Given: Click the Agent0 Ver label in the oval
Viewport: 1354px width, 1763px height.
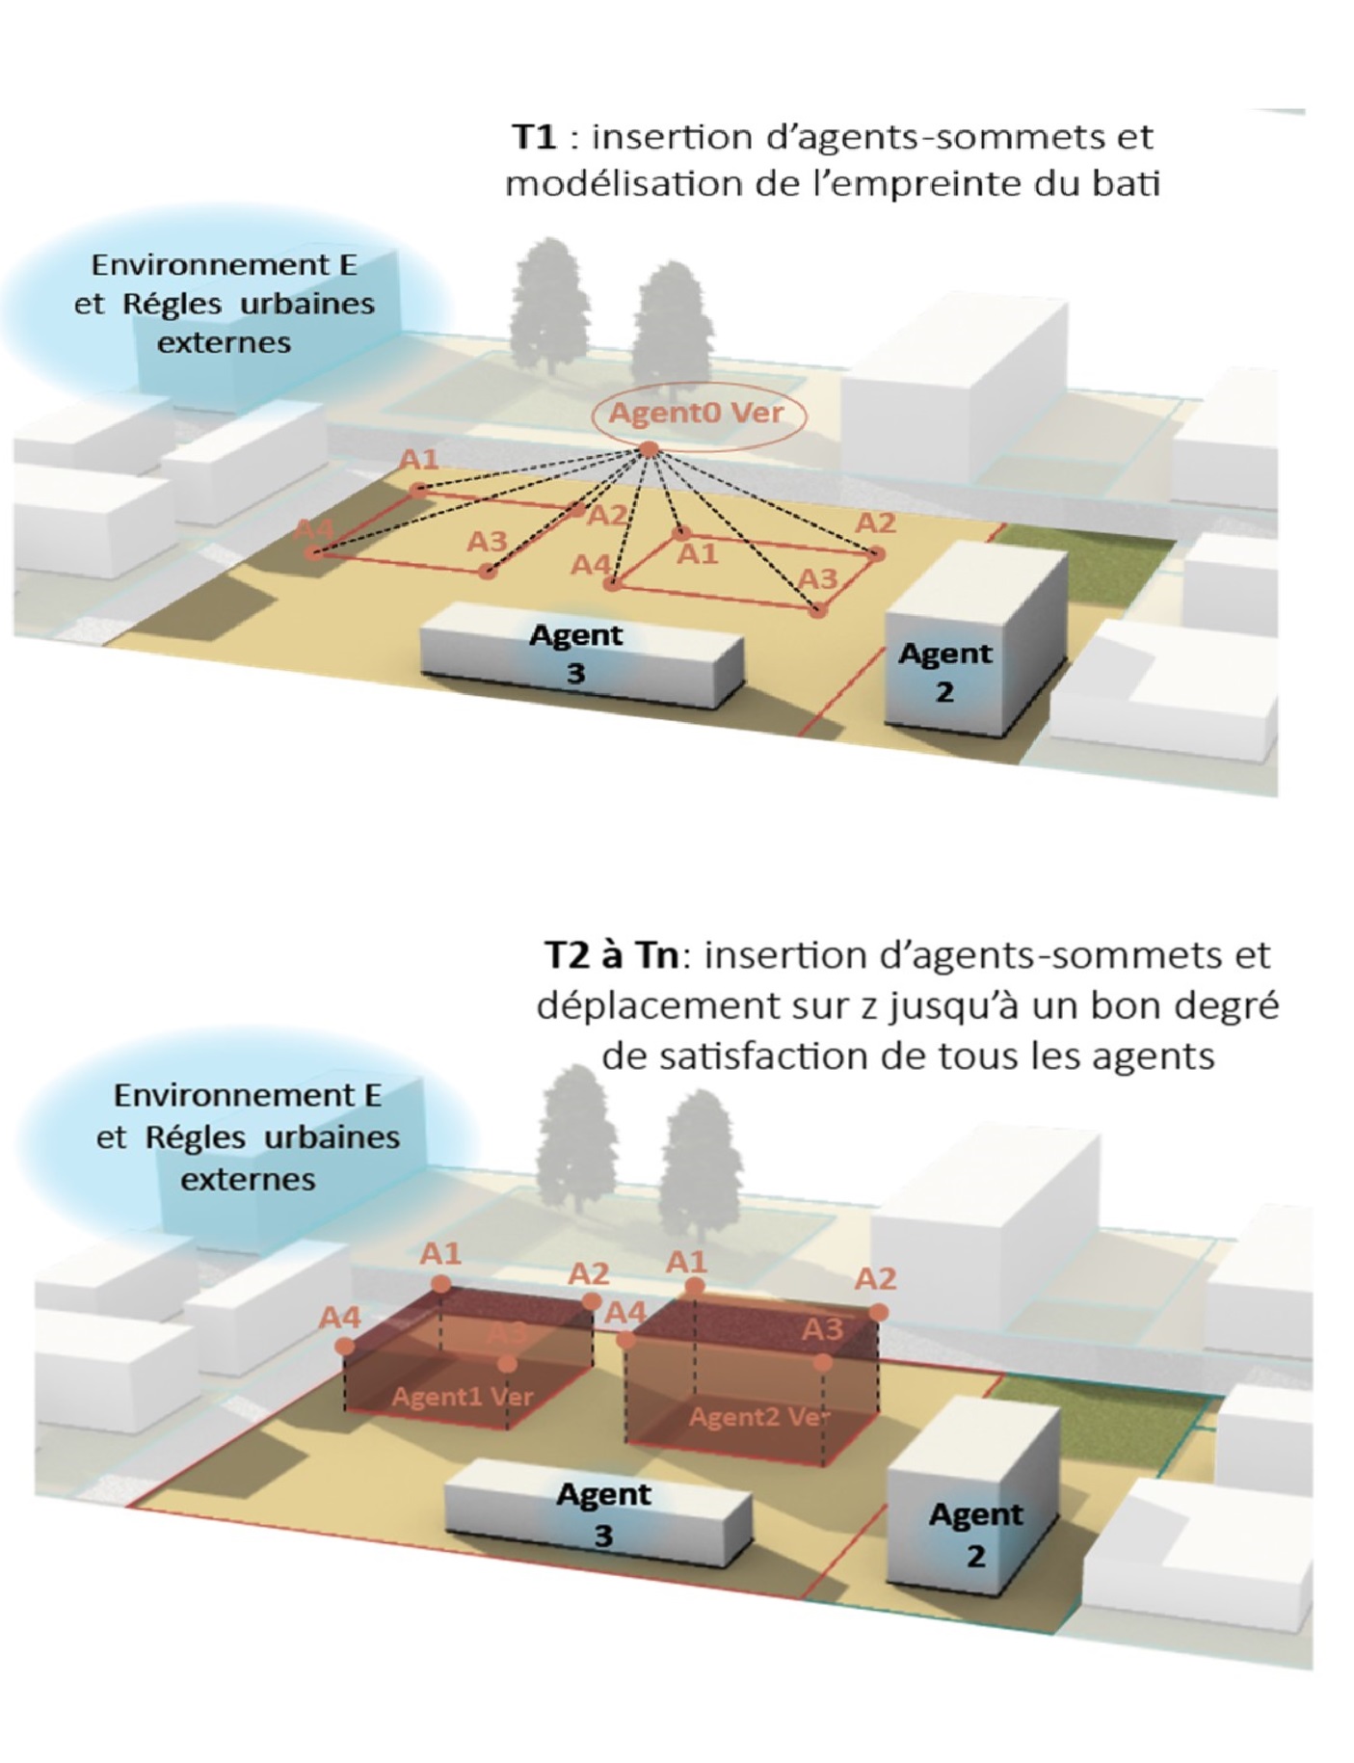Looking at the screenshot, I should [696, 414].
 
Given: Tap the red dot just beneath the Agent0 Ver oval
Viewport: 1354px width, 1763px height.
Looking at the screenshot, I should [650, 449].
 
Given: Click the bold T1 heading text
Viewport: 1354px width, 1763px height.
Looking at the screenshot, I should [535, 137].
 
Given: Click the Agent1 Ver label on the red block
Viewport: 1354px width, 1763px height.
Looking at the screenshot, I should [462, 1397].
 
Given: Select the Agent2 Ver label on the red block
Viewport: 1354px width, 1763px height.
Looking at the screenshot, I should [758, 1417].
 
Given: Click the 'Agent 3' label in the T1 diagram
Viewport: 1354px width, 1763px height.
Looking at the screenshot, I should [576, 653].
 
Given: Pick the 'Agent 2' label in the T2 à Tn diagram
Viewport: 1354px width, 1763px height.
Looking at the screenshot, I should [975, 1534].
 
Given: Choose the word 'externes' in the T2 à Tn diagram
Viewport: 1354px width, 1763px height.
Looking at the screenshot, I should [248, 1179].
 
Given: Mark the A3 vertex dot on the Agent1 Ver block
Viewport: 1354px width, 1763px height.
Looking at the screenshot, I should [508, 1364].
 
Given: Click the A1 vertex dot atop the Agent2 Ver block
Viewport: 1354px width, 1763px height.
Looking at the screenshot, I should [695, 1286].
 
